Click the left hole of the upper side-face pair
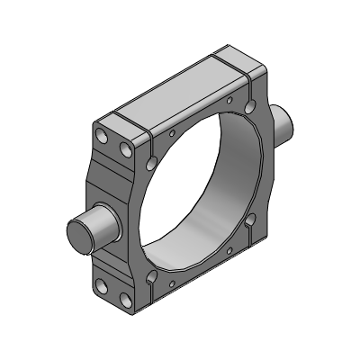[103, 136]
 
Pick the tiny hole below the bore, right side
[229, 250]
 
